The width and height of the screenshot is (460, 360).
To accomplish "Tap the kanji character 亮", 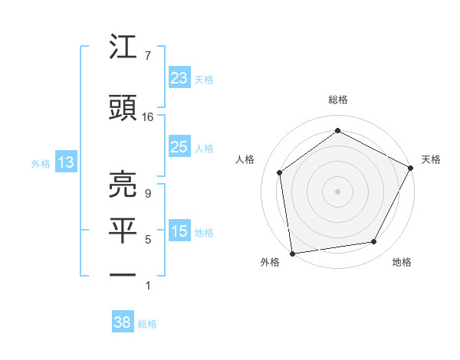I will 123,184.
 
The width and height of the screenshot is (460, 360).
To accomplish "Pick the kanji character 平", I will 123,231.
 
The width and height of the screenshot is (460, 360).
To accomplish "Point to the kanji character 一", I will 123,273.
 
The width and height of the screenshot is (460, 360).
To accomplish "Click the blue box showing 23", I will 179,78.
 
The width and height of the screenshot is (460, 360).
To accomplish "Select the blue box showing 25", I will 179,147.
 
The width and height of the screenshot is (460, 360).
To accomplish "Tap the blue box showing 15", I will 179,231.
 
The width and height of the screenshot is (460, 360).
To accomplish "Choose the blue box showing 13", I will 64,162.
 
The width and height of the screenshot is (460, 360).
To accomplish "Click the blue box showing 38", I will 123,322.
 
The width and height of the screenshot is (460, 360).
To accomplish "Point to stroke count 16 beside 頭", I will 148,117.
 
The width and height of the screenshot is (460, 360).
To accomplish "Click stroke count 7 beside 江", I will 148,56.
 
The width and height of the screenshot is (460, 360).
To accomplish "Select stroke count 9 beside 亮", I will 148,193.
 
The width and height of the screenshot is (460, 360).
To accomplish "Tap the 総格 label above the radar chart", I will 338,100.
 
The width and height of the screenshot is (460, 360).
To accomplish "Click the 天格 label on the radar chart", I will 431,159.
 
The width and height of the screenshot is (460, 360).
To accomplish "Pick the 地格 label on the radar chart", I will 402,262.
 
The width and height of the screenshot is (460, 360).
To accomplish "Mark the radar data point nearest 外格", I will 292,253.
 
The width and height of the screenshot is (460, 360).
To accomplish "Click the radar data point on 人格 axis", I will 280,172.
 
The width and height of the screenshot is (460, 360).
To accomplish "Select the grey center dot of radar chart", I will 338,191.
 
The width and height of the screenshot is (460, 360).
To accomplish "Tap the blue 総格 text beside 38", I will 148,323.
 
